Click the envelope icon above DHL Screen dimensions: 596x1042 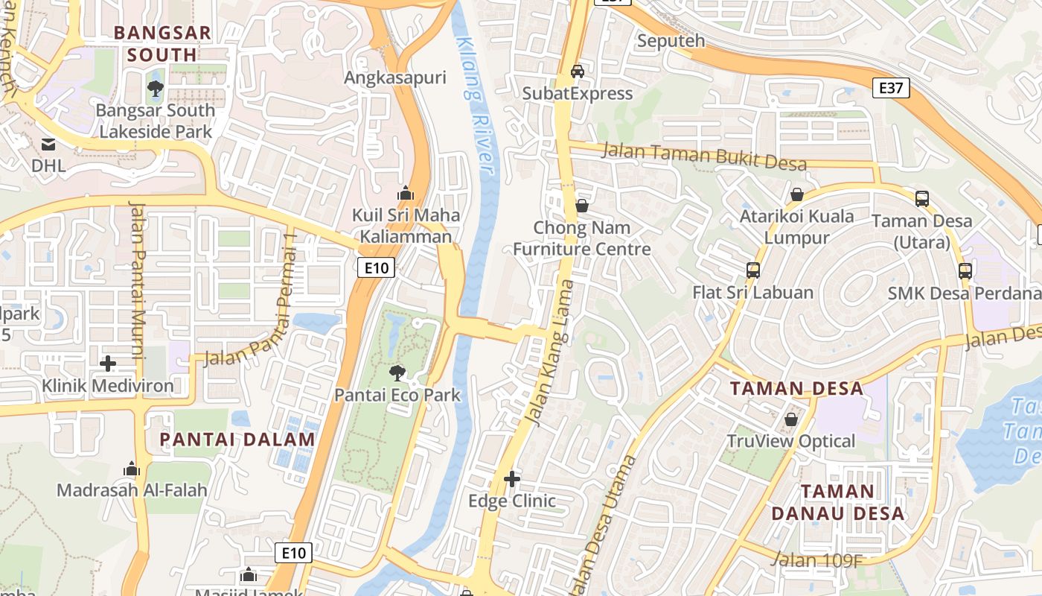coord(48,144)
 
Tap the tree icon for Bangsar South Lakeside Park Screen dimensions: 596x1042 coord(156,89)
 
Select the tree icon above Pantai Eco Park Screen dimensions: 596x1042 coord(397,373)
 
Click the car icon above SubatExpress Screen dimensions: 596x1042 coord(577,72)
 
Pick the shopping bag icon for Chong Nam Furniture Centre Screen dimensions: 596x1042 coord(582,206)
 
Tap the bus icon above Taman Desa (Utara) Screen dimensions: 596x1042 coord(921,199)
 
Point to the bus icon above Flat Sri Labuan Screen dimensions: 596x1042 coord(753,270)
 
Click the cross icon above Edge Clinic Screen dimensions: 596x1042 coord(512,479)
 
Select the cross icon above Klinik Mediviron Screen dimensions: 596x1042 coord(108,364)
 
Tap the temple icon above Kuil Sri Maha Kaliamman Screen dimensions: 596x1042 coord(406,194)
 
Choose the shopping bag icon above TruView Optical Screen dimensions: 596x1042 coord(791,420)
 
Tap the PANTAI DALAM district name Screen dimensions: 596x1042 coord(237,440)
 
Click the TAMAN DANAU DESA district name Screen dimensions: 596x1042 coord(838,502)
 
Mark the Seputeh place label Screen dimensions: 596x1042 coord(671,41)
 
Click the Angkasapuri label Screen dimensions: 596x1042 coord(394,77)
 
